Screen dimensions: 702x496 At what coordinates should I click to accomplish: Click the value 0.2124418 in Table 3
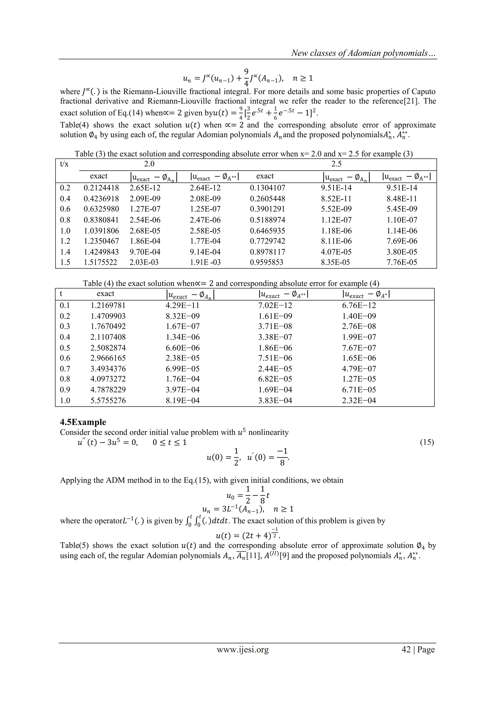[x=101, y=188]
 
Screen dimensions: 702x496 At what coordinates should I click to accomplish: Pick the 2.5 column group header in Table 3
[x=336, y=164]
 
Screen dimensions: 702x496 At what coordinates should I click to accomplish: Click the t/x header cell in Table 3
[x=64, y=164]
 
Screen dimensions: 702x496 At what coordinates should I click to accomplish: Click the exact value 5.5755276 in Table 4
[x=108, y=400]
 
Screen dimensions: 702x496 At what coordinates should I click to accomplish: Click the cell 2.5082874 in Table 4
[x=108, y=348]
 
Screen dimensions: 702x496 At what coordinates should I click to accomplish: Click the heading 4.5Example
[x=83, y=422]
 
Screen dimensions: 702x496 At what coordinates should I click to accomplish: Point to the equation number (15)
[x=427, y=442]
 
